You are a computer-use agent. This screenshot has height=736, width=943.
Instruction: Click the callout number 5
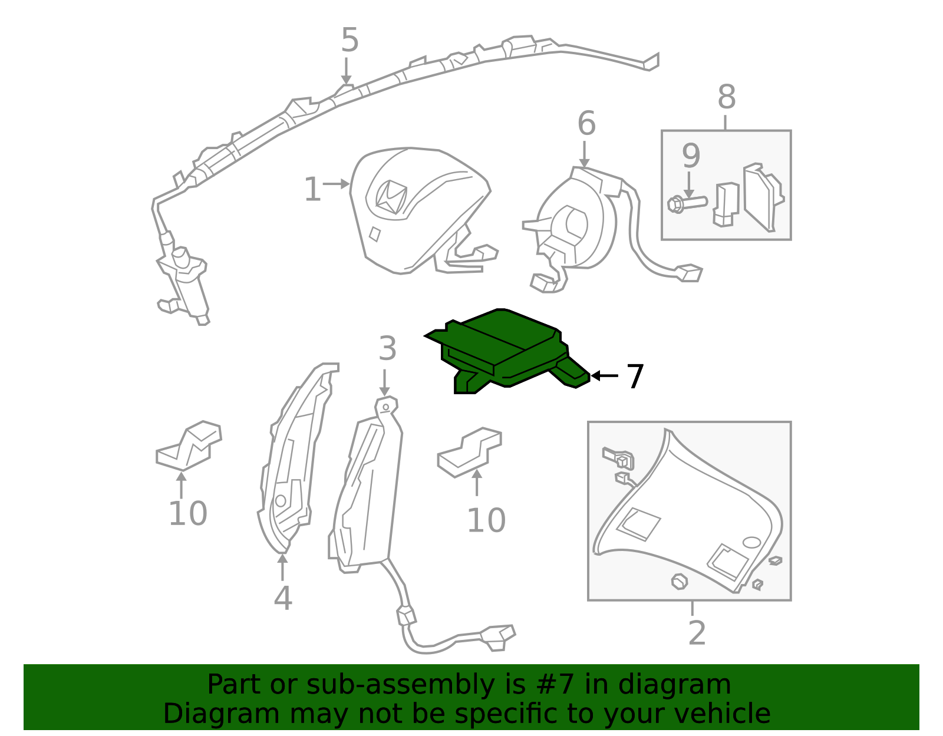point(349,40)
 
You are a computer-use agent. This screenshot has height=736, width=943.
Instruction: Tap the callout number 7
point(635,376)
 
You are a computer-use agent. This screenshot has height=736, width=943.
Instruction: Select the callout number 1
point(312,189)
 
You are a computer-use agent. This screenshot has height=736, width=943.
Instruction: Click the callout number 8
point(727,97)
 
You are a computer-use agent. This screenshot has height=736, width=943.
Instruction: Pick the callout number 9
point(691,155)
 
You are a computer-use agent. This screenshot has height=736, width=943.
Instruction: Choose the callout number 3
point(387,348)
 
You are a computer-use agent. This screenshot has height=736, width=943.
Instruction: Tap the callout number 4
point(283,598)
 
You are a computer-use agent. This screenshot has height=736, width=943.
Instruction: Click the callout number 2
point(697,633)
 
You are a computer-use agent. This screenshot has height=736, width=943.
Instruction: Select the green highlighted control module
point(507,351)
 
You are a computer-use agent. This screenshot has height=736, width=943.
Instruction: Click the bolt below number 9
point(687,204)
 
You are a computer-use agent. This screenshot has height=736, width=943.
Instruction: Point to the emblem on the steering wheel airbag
point(391,198)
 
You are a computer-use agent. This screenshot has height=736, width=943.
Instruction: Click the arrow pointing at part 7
point(605,375)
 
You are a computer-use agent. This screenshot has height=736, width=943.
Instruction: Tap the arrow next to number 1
point(337,184)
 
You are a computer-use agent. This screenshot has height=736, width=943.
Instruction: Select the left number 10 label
point(187,513)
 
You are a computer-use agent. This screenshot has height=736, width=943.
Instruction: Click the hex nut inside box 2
point(679,582)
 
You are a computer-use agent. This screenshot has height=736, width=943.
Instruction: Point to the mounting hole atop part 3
point(385,407)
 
